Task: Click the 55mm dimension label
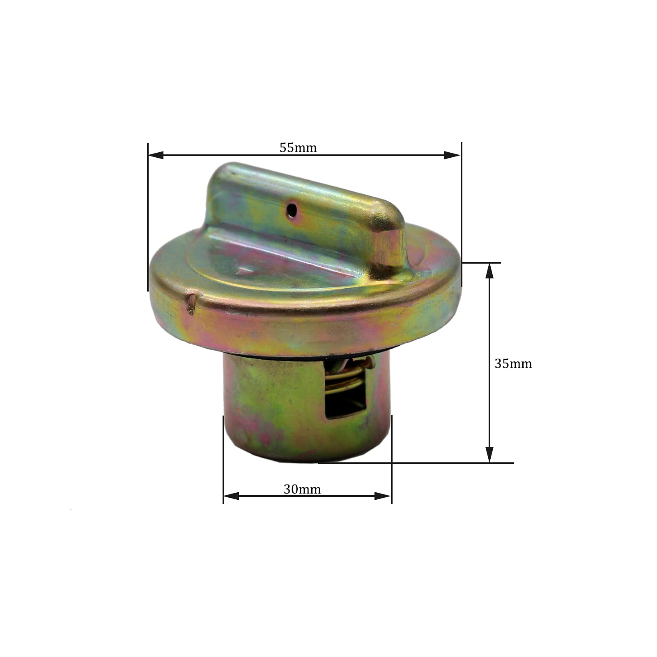click(x=298, y=147)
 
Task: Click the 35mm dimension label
click(x=513, y=364)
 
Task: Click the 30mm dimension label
click(x=302, y=489)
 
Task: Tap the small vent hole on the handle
click(x=292, y=210)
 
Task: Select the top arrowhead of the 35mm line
click(x=489, y=271)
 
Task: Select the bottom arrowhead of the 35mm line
click(x=489, y=455)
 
